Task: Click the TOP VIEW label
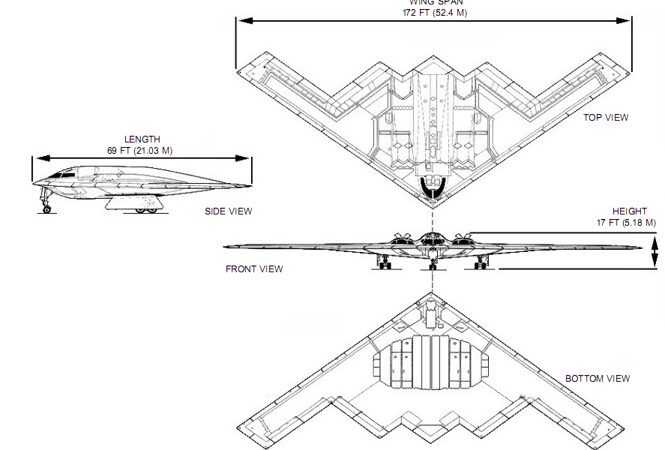coord(606,117)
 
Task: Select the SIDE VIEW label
coord(229,211)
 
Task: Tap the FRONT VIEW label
coord(254,269)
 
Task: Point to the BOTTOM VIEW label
coord(597,379)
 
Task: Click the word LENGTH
coord(142,139)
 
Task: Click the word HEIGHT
coord(629,211)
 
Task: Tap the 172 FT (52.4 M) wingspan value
coord(434,13)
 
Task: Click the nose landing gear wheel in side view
coord(47,209)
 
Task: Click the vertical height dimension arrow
coord(655,251)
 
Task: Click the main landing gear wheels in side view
coord(146,210)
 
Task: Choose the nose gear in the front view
coord(433,263)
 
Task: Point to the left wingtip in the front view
coord(227,246)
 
